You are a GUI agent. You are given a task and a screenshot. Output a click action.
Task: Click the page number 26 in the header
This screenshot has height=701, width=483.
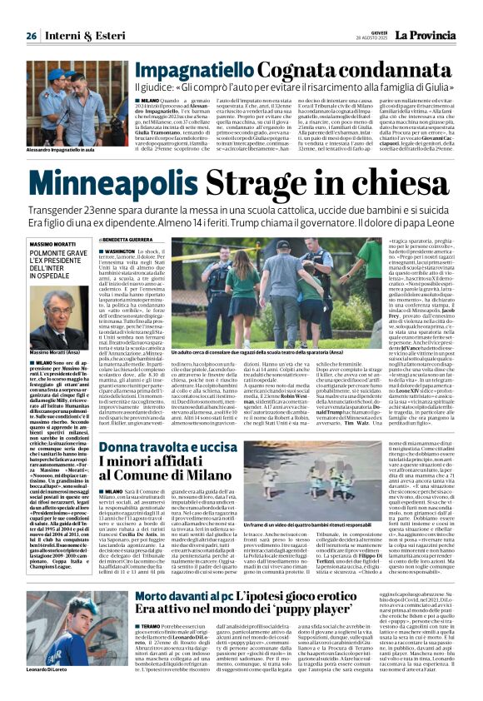click(x=31, y=36)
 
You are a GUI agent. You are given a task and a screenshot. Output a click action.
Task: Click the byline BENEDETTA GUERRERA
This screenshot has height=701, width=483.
click(x=138, y=261)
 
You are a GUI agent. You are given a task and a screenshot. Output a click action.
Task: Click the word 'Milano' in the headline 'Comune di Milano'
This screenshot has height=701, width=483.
click(x=200, y=475)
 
